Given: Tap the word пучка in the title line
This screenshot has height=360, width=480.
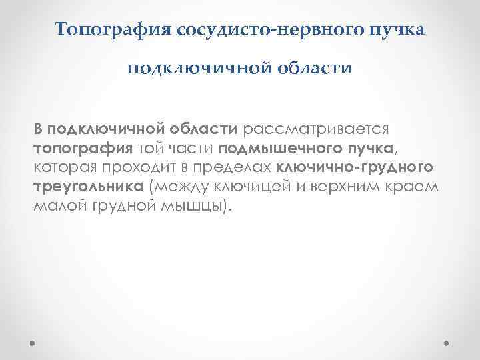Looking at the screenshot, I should pyautogui.click(x=394, y=30).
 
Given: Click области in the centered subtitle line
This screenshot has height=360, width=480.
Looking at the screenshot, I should pyautogui.click(x=314, y=69).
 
